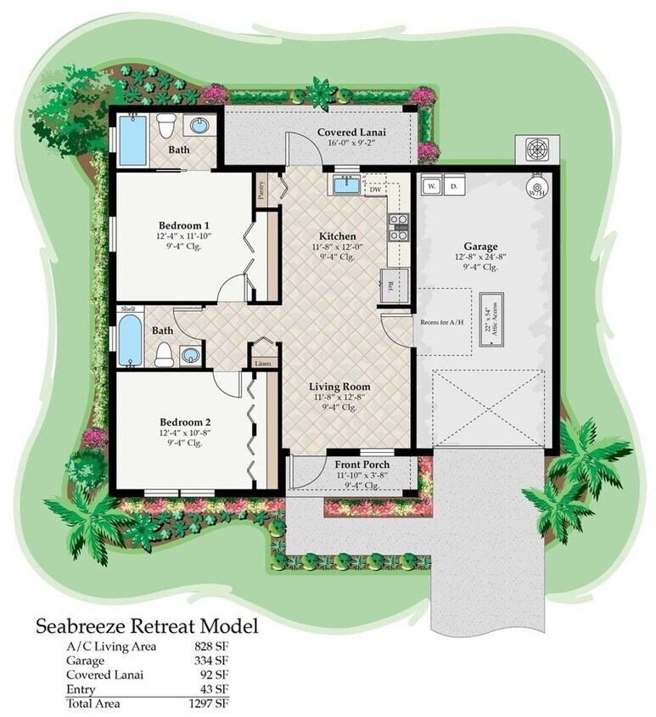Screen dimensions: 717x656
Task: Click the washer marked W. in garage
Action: coord(432,185)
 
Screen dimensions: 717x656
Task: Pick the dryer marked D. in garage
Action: coord(454,185)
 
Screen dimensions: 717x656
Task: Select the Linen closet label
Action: coord(263,364)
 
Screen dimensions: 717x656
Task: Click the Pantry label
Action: coord(261,186)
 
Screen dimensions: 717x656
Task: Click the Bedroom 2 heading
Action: coord(184,422)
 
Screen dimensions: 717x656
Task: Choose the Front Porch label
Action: coord(361,465)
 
